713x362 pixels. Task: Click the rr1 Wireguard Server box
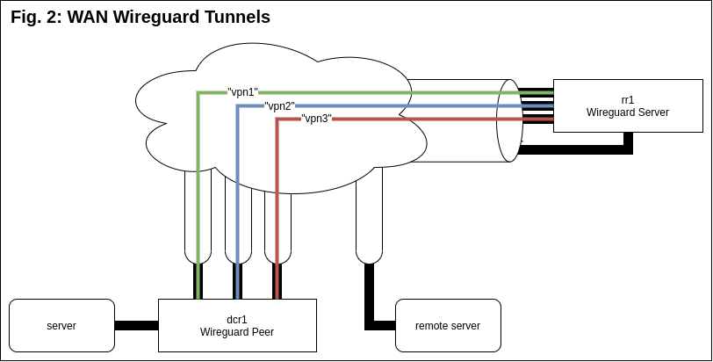[628, 105]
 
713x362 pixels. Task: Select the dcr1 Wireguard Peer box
[236, 324]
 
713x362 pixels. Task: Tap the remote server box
[448, 325]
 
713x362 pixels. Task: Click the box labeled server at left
[61, 325]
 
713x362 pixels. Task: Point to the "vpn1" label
[242, 91]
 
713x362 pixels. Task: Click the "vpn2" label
[279, 105]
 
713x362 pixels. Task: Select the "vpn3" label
[316, 119]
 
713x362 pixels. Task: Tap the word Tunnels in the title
[238, 17]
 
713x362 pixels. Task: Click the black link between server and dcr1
[136, 325]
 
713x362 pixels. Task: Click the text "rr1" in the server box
[628, 99]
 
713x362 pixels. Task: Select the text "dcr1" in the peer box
[236, 318]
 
